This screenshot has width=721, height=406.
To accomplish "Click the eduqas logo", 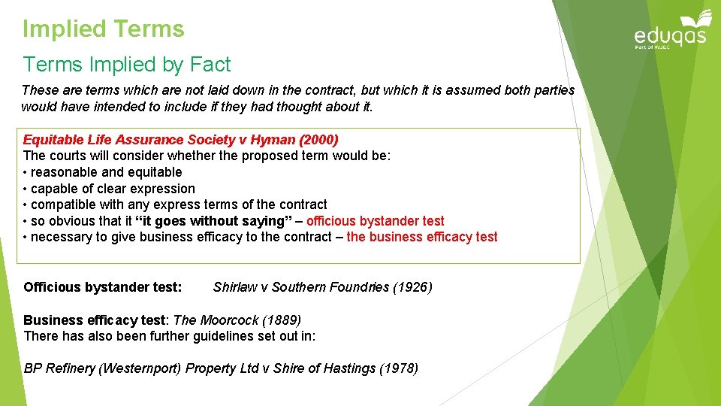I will tap(670, 32).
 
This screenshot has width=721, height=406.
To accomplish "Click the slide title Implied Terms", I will tap(103, 29).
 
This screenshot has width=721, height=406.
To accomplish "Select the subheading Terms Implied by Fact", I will tap(126, 65).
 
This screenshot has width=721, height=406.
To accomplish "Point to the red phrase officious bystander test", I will tap(375, 221).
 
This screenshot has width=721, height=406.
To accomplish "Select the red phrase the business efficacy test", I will tap(421, 237).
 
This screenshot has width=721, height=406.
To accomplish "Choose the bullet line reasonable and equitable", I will tap(106, 172).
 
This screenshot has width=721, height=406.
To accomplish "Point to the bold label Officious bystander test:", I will tap(102, 287).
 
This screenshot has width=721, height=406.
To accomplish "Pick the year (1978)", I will tap(399, 368).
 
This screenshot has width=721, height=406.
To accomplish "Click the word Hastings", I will tap(349, 368).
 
